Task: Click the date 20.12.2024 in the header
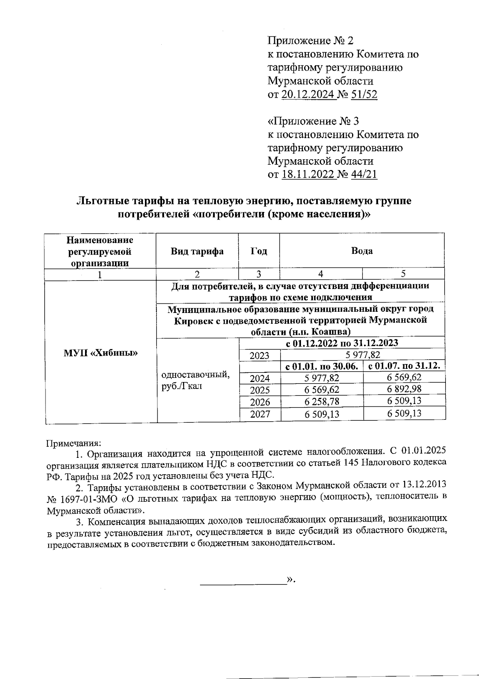coord(308,95)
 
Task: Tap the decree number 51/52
coord(364,95)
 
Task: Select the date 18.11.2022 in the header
coord(308,174)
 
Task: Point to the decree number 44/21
coord(364,174)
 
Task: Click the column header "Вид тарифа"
coord(197,251)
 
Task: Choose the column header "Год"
coord(259,251)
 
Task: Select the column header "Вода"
coord(362,251)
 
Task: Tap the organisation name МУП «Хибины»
coord(101,353)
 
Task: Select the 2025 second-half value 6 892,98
coord(404,389)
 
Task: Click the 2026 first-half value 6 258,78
coord(322,401)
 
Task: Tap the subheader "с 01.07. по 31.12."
coord(404,366)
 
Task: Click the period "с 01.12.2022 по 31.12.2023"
coord(342,343)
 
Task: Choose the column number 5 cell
coord(404,273)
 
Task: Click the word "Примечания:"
coord(74,443)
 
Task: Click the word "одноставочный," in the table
coord(195,375)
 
